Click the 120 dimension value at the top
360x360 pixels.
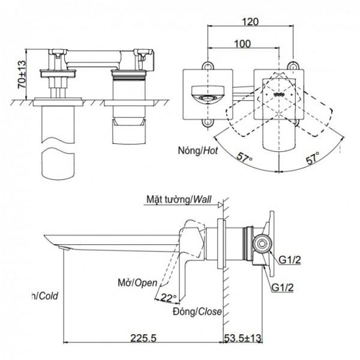pos(252,22)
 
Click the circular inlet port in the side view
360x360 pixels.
pos(262,244)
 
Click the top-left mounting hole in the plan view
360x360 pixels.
pos(208,64)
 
